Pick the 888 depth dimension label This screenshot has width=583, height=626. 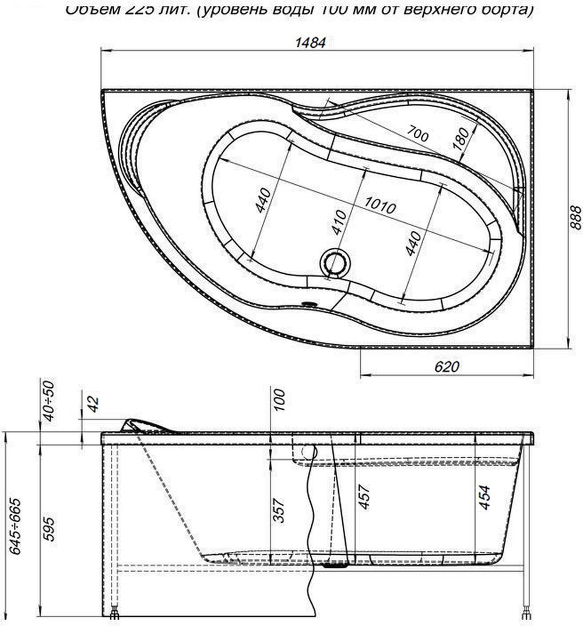[x=574, y=218]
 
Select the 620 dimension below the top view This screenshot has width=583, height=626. [x=447, y=366]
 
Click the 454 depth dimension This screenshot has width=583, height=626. [x=485, y=497]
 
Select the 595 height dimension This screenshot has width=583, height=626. [x=49, y=529]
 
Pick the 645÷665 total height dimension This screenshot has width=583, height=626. [x=16, y=526]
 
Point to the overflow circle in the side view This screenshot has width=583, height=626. [x=307, y=452]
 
